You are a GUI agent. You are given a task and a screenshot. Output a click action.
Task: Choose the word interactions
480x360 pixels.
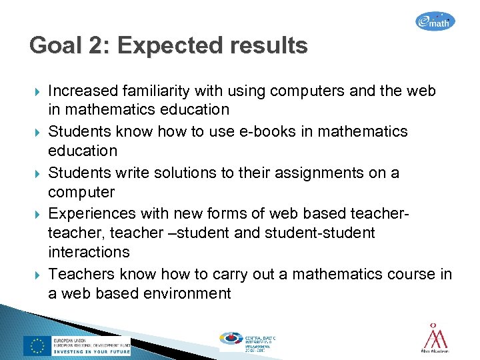pos(89,252)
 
